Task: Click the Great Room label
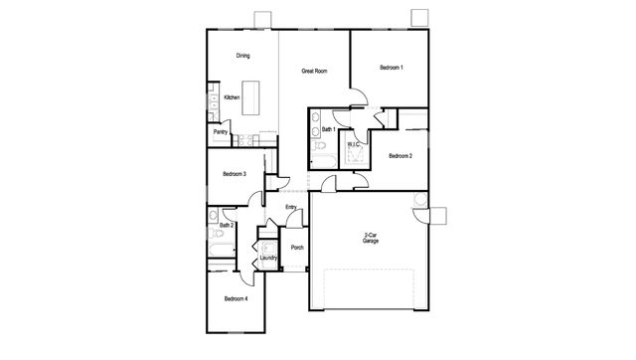314,71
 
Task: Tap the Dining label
242,56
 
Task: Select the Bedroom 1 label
392,68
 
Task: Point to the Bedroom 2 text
400,156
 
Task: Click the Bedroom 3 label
235,174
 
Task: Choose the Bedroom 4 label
237,299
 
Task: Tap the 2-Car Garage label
371,238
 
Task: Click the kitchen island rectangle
250,97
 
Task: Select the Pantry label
221,132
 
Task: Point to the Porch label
297,248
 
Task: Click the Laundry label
268,258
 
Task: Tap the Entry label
291,207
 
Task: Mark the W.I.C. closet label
354,144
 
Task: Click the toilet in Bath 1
320,145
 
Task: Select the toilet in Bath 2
216,234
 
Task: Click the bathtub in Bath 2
222,250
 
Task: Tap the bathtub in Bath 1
323,162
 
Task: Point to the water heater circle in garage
420,199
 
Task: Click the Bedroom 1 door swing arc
362,94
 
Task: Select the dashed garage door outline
369,288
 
